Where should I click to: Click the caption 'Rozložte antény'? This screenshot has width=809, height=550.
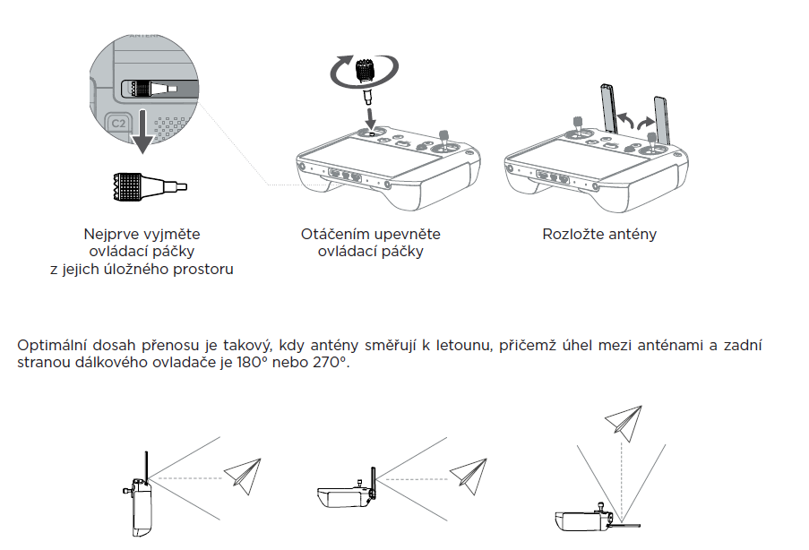599,235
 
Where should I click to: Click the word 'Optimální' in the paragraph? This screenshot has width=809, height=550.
50,345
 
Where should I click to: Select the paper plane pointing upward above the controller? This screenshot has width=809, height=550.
622,420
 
